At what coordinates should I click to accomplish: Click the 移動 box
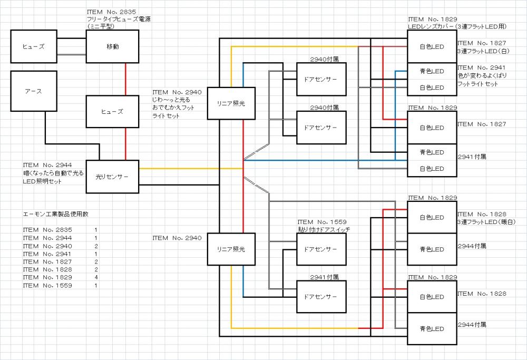pyautogui.click(x=112, y=46)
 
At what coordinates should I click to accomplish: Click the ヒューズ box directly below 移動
pyautogui.click(x=112, y=112)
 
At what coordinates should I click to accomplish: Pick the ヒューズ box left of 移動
pyautogui.click(x=33, y=46)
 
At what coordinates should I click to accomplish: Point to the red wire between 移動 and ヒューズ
pyautogui.click(x=125, y=79)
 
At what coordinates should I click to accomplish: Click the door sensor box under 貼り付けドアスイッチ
pyautogui.click(x=321, y=249)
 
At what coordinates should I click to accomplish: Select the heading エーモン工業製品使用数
pyautogui.click(x=59, y=215)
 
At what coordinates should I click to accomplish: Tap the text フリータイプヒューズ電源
pyautogui.click(x=122, y=18)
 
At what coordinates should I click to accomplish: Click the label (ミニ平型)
pyautogui.click(x=104, y=26)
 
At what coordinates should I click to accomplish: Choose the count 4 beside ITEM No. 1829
pyautogui.click(x=96, y=277)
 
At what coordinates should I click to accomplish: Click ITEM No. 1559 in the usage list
pyautogui.click(x=47, y=285)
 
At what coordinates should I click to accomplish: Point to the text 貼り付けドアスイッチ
pyautogui.click(x=324, y=230)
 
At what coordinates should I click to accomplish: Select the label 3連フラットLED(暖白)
pyautogui.click(x=485, y=222)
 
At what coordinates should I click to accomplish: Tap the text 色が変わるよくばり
pyautogui.click(x=482, y=75)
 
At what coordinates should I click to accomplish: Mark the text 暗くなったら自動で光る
pyautogui.click(x=54, y=173)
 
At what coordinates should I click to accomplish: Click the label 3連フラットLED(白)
pyautogui.click(x=483, y=51)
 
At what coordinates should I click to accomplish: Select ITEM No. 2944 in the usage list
pyautogui.click(x=47, y=238)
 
